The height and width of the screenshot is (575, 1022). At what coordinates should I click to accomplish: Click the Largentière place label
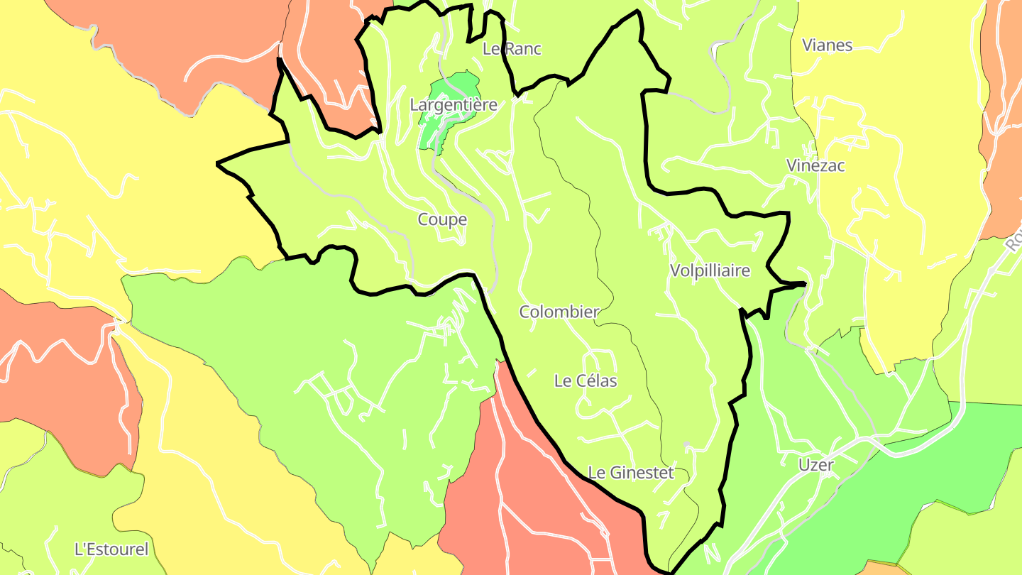click(x=454, y=105)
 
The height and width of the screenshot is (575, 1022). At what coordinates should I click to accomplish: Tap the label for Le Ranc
click(x=512, y=49)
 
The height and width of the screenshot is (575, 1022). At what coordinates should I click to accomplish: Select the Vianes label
click(x=827, y=45)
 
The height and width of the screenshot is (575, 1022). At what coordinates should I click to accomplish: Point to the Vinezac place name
click(x=815, y=165)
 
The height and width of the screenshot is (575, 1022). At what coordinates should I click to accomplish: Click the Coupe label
click(x=442, y=219)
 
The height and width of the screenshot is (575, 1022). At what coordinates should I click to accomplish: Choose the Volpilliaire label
click(x=710, y=270)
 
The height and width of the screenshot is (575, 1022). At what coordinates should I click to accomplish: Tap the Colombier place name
click(x=559, y=312)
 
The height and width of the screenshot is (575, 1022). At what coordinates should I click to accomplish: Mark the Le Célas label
click(x=586, y=380)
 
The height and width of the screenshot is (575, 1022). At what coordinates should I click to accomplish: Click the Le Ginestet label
click(x=631, y=472)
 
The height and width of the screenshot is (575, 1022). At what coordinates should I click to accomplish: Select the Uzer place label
click(x=815, y=465)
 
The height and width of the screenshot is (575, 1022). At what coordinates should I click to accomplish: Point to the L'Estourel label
click(x=111, y=549)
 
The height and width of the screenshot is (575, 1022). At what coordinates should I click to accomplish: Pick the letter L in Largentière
click(x=414, y=105)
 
